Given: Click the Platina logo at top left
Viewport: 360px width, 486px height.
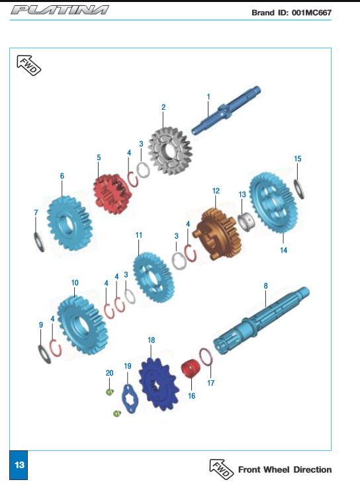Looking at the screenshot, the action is [60, 10].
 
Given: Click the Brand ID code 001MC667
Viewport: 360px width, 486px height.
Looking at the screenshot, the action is [311, 13].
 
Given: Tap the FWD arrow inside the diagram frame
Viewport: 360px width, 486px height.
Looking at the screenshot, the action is [29, 65].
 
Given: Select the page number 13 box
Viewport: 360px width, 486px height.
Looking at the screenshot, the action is [19, 465].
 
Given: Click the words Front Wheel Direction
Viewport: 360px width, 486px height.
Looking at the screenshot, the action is [285, 469].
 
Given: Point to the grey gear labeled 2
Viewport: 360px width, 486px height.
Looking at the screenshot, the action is [170, 150].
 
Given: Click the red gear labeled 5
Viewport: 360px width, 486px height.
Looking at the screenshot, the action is [112, 194].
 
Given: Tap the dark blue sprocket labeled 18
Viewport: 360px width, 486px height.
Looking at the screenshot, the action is [159, 384].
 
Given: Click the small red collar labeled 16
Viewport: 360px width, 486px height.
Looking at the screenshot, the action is [191, 368].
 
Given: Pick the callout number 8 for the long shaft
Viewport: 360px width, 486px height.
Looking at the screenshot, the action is [266, 286].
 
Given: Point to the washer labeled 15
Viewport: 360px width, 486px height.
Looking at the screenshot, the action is [299, 189].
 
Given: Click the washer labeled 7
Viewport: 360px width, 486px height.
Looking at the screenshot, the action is [39, 242].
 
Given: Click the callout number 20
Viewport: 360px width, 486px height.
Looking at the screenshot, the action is [109, 373].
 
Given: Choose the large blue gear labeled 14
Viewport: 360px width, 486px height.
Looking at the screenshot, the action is [273, 203].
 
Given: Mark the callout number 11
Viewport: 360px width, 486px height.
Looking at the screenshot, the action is [138, 235].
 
